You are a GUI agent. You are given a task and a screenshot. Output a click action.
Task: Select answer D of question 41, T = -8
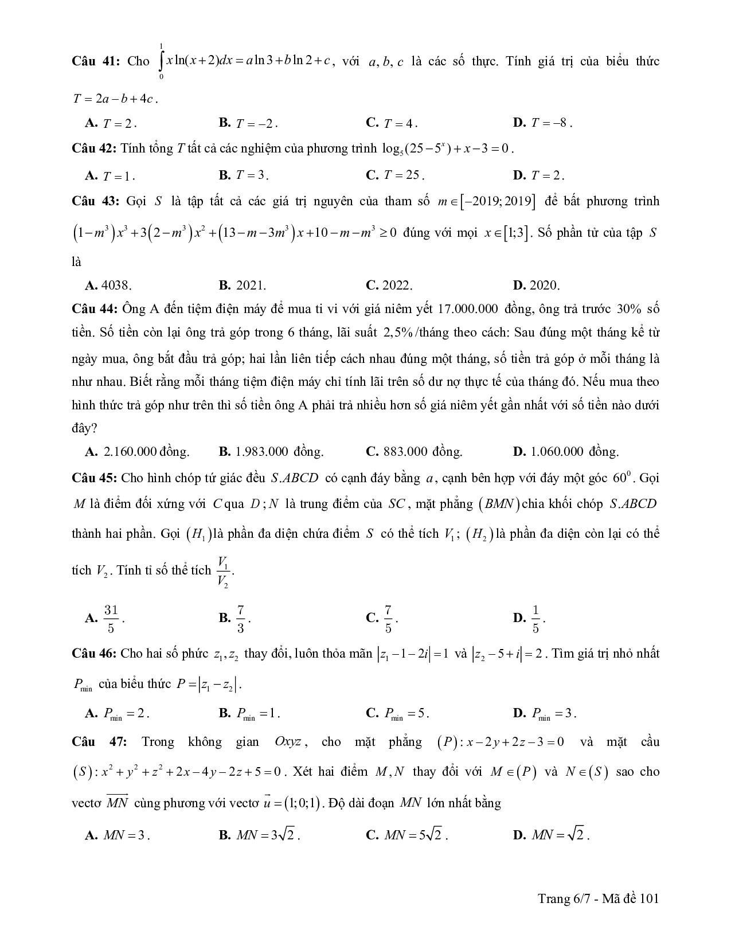click(542, 123)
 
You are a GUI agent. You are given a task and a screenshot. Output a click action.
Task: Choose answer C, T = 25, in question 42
click(396, 175)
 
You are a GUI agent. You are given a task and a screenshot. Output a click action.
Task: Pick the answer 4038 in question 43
click(109, 285)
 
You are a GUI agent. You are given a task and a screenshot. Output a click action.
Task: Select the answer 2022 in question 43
click(389, 285)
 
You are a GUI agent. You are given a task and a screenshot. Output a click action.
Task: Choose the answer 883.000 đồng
click(414, 452)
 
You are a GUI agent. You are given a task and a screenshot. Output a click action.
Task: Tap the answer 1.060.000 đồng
click(566, 452)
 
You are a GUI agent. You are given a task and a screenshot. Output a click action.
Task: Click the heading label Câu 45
click(94, 478)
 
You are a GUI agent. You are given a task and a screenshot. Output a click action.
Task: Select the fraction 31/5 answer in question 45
click(111, 619)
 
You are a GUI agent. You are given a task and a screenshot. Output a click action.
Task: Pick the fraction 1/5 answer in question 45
click(535, 619)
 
